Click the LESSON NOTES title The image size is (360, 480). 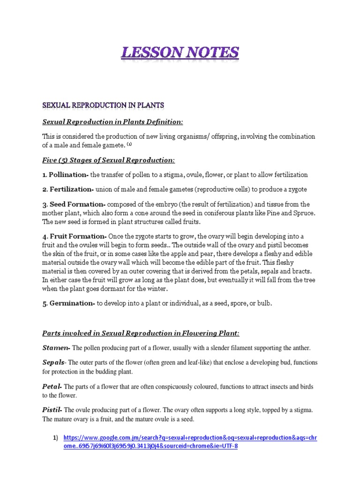[x=180, y=52]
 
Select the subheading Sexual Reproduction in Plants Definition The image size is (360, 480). [x=112, y=122]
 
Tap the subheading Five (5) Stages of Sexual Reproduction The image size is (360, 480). [x=108, y=160]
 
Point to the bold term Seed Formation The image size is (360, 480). [x=78, y=204]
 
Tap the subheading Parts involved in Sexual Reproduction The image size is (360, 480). [x=141, y=333]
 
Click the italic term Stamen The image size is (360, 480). [x=56, y=348]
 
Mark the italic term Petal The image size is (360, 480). [x=52, y=387]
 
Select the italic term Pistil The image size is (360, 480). [x=52, y=410]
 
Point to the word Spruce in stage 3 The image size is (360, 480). [x=303, y=213]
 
